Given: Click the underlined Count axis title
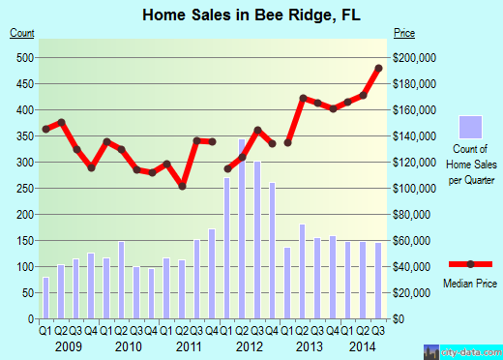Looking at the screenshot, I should pyautogui.click(x=22, y=33).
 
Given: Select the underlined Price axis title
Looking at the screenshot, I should pyautogui.click(x=405, y=33).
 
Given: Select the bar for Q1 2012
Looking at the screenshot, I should pyautogui.click(x=227, y=248).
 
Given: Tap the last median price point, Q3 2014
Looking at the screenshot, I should pyautogui.click(x=378, y=68).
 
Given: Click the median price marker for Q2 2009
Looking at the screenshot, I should pyautogui.click(x=61, y=122).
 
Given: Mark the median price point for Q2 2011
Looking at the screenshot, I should pyautogui.click(x=182, y=186).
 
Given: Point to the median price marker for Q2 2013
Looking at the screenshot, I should pyautogui.click(x=303, y=98).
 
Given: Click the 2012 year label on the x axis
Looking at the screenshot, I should pyautogui.click(x=250, y=345).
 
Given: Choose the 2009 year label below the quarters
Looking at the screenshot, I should pyautogui.click(x=68, y=345).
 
